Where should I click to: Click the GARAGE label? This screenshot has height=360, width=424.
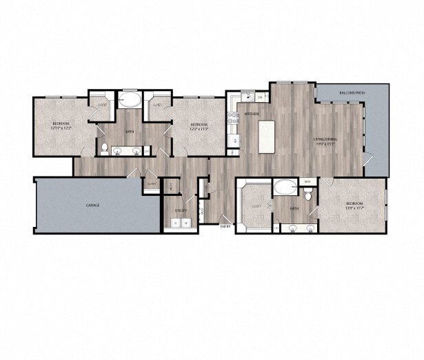click(92, 206)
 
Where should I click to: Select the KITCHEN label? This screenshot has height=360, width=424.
click(252, 112)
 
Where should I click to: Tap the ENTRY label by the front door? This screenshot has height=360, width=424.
click(225, 226)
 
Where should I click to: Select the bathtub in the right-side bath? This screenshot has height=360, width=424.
click(284, 186)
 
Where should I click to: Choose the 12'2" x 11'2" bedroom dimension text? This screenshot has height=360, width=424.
click(199, 128)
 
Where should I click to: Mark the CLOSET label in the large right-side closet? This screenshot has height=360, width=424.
click(256, 206)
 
